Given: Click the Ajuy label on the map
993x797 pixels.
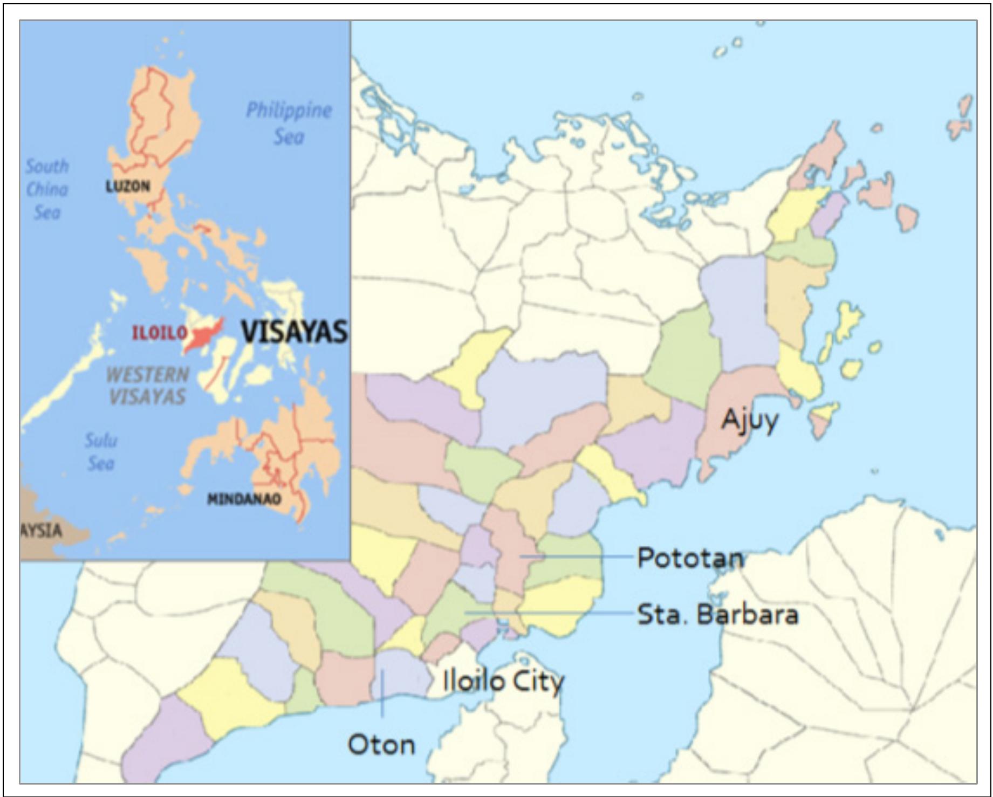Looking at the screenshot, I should pos(750,420).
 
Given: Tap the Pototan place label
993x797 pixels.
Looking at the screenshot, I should pos(690,558).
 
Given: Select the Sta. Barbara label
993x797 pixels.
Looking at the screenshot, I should pos(717,614).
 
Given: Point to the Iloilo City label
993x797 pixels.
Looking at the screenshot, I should pos(503,681).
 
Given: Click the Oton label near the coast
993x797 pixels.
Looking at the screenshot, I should pos(381,745).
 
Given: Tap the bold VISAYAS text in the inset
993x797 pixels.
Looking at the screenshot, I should pos(295,331).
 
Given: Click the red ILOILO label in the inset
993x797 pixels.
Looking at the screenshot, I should pos(160,333).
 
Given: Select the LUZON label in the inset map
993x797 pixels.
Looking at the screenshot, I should pos(128,187).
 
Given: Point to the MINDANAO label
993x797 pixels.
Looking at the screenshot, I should pos(244,499).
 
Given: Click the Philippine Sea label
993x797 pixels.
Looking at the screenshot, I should pos(289,123).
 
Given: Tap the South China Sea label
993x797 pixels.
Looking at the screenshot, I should pos(47,189).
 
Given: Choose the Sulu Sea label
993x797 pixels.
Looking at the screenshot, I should pos(101,451).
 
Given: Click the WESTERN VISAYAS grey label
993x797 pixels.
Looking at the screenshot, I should pos(147,385).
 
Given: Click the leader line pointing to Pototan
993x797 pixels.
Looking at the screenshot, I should pos(577,556).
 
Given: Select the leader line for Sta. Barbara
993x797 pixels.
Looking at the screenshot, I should pos(550,613).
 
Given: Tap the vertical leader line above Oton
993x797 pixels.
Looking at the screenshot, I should pos(382,693).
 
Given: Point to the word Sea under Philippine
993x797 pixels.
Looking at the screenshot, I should pos(289,136).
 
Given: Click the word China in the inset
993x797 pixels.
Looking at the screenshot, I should pos(47,189).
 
